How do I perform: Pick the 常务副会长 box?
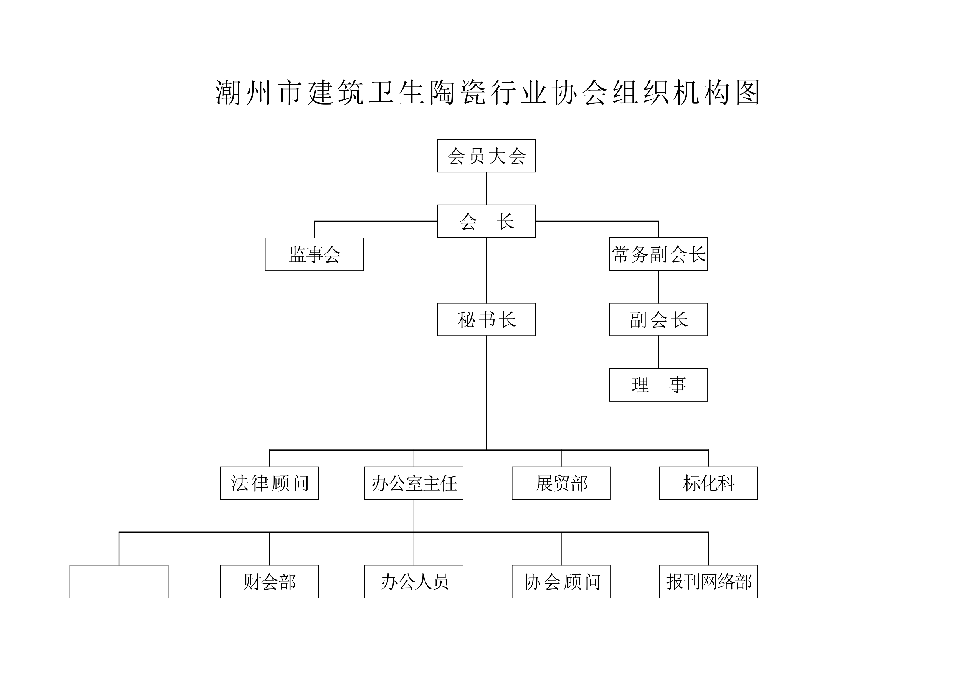(658, 254)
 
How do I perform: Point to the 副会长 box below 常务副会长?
(658, 319)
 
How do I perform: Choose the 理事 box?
(658, 385)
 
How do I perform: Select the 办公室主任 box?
(414, 483)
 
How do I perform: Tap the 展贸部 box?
(561, 483)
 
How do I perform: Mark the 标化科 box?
(709, 483)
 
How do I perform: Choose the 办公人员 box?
(414, 581)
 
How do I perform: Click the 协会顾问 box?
(561, 581)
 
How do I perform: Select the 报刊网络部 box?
(709, 581)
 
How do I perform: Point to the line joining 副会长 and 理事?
(658, 352)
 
